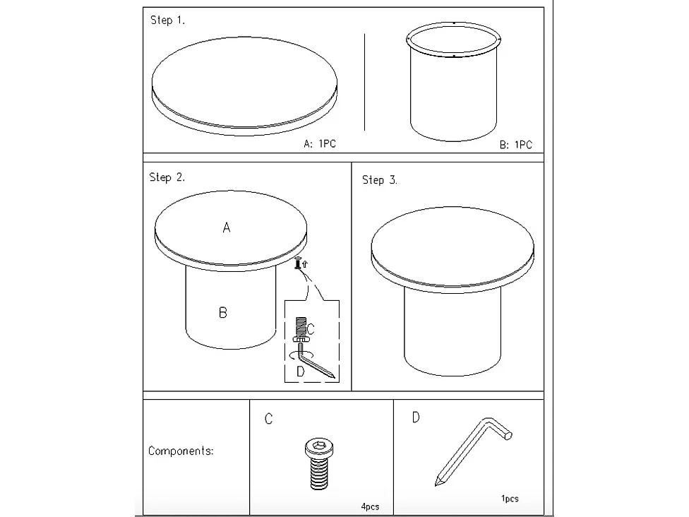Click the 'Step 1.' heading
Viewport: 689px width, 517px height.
point(167,20)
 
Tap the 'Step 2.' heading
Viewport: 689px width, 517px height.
point(167,177)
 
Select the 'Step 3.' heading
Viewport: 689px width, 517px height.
point(380,180)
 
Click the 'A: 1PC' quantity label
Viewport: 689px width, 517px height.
point(320,144)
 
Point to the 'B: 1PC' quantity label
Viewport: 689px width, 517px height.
point(515,145)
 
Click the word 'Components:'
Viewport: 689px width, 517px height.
point(181,451)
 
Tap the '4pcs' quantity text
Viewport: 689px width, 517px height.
point(370,507)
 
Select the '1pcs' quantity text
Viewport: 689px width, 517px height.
point(510,499)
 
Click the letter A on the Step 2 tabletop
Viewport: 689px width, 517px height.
point(227,227)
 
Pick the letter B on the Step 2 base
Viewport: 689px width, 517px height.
point(223,313)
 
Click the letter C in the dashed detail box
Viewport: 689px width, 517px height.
point(311,329)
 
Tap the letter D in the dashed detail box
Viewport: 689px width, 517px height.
point(301,372)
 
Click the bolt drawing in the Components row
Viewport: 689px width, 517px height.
point(319,464)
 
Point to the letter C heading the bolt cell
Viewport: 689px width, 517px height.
point(268,419)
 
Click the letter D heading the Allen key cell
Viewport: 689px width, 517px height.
point(416,417)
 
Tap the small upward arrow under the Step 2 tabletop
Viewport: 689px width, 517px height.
point(305,263)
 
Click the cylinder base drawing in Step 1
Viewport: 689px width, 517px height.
point(453,82)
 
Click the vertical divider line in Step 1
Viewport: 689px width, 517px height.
point(364,82)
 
